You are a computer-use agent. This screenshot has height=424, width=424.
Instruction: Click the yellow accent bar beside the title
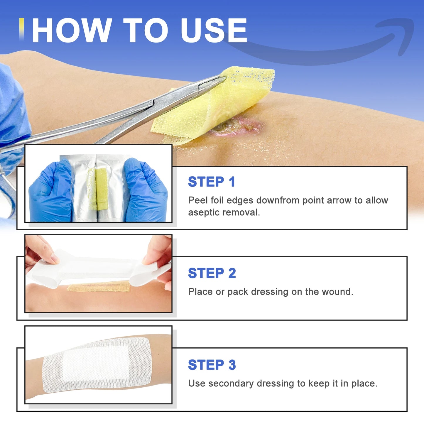tap(21, 29)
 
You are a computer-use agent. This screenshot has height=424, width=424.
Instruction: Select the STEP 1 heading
tap(212, 182)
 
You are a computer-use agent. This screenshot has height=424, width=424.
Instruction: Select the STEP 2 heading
tap(212, 273)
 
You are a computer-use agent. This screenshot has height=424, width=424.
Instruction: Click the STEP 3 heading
tap(212, 365)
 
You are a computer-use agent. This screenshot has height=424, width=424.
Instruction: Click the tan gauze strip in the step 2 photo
tap(98, 286)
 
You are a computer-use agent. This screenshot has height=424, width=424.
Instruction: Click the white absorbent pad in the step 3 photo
tap(96, 362)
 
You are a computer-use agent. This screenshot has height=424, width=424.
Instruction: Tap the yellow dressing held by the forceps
tap(214, 106)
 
